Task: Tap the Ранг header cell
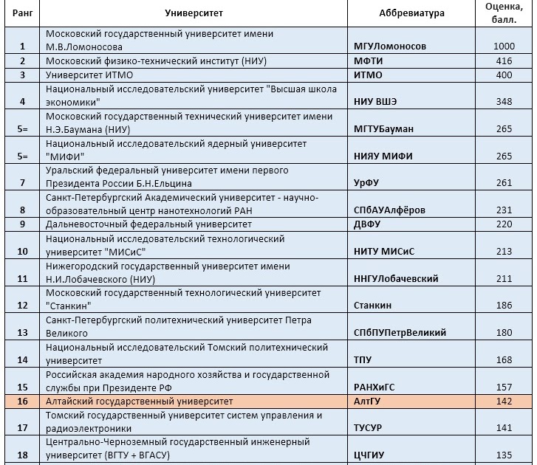[23, 13]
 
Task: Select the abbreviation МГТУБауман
[384, 128]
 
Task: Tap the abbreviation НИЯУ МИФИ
[383, 156]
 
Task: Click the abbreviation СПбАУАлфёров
[390, 210]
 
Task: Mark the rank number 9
[23, 224]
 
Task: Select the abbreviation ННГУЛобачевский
[397, 278]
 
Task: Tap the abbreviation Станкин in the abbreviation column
[374, 305]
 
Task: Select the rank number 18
[23, 455]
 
